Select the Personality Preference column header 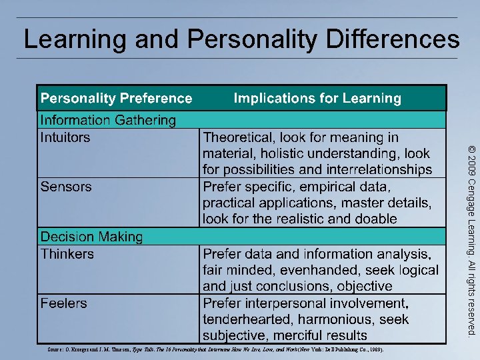116,99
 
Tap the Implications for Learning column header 317,99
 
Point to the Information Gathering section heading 108,121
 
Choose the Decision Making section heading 91,237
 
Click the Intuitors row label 65,138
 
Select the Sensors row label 66,187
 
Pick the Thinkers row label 67,254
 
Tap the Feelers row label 64,303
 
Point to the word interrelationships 373,170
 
